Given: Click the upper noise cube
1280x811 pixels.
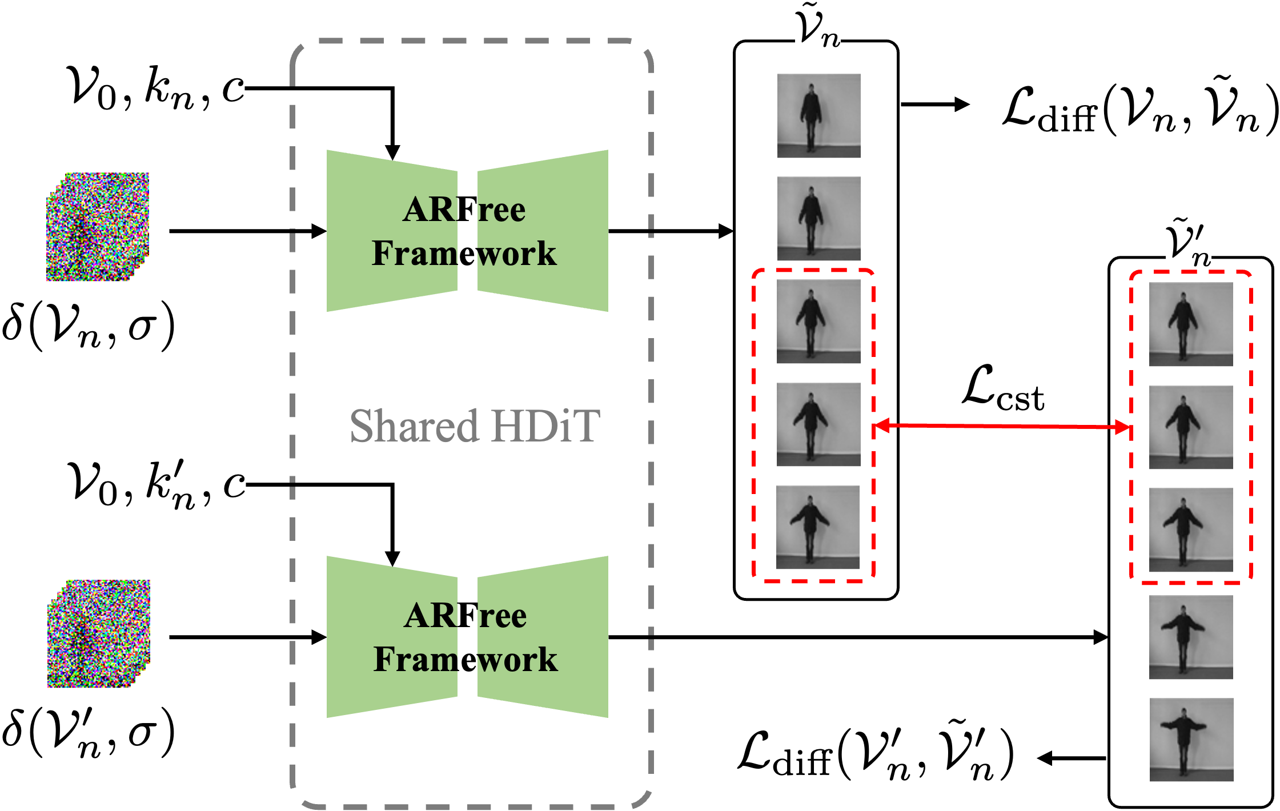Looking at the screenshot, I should point(98,227).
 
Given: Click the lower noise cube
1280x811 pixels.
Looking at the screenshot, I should point(98,634).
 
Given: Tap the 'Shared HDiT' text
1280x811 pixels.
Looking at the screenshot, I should point(474,426).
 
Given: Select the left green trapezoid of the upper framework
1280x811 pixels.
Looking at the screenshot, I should point(392,231).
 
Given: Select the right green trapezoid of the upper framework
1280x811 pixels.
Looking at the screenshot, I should point(543,231).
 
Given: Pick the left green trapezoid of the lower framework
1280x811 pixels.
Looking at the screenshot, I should point(392,637).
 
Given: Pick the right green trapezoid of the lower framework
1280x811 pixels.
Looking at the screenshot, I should point(543,637).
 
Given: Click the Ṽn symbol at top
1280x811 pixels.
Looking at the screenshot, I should point(817,25).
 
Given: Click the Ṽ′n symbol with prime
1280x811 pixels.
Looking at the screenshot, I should point(1188,242).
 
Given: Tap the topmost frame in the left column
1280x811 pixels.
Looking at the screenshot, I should point(818,115).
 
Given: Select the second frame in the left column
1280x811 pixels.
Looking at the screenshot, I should point(818,218).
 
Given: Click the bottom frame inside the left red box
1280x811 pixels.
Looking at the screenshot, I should point(817,527).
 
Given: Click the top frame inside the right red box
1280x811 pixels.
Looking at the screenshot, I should point(1191,324).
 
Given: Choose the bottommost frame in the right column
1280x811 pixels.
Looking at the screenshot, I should point(1191,740).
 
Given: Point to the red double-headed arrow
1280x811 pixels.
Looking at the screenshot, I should point(1002,426).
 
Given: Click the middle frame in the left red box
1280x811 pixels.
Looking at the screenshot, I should point(818,424).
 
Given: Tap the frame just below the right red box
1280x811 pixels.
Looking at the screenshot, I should point(1191,637).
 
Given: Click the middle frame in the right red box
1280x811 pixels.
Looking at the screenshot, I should point(1191,427).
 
